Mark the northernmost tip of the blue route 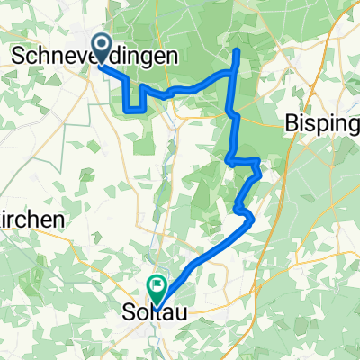[x=237, y=51]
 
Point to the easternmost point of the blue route [x=260, y=164]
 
